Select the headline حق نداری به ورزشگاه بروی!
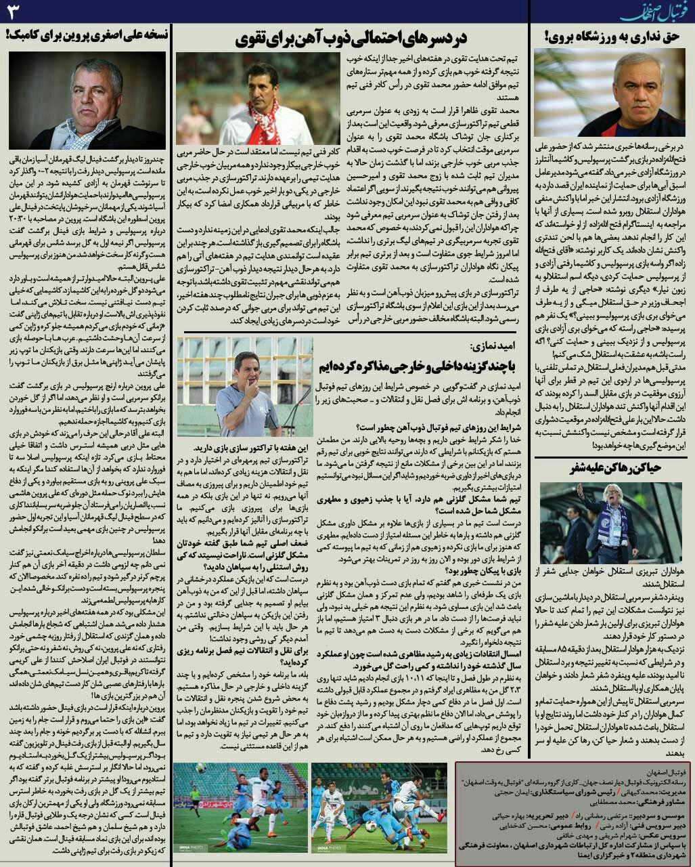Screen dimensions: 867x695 (x=612, y=38)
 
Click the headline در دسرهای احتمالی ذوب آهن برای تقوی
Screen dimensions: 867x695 (x=351, y=39)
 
